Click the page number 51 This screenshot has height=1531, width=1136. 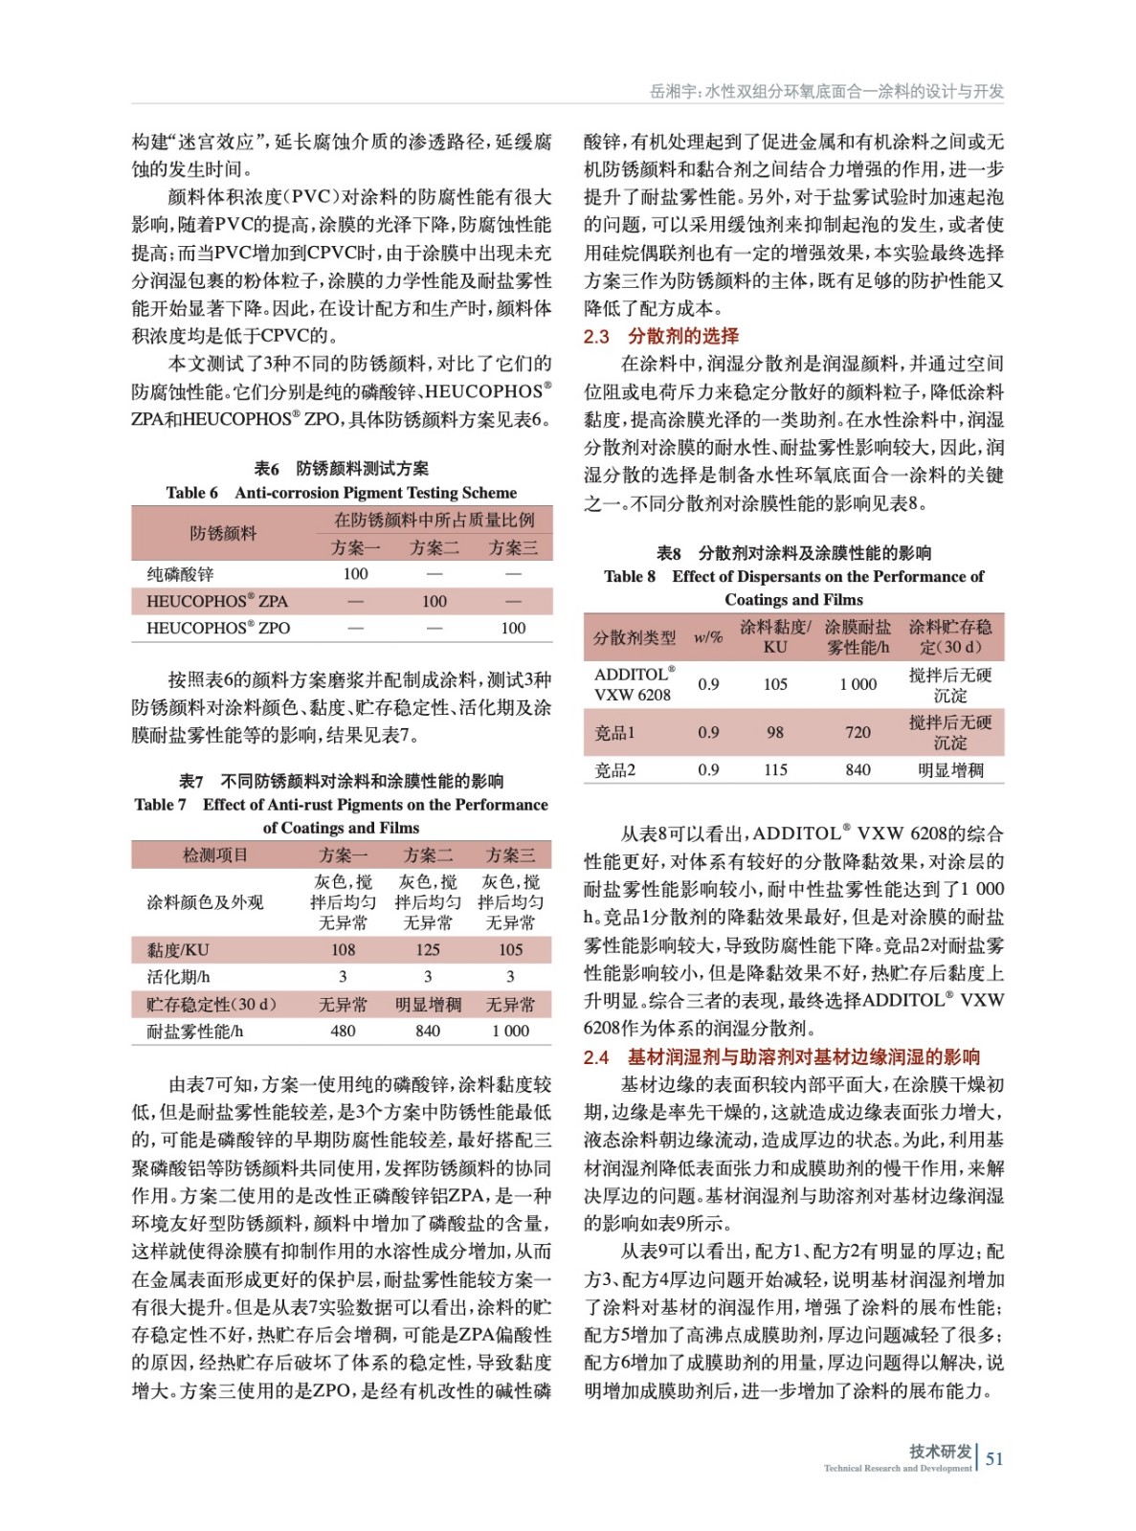pyautogui.click(x=994, y=1458)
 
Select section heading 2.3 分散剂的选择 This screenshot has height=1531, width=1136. pyautogui.click(x=661, y=336)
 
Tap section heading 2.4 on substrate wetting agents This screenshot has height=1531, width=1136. pyautogui.click(x=782, y=1056)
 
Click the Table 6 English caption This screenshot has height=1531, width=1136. pyautogui.click(x=341, y=493)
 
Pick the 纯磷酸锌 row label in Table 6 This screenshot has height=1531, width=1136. pyautogui.click(x=180, y=574)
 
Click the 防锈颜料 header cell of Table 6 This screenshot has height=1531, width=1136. pyautogui.click(x=223, y=533)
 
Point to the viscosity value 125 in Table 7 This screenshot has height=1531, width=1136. pyautogui.click(x=428, y=950)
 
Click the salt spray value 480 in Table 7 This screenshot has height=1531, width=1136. pyautogui.click(x=343, y=1032)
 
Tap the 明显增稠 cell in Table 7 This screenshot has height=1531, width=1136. pyautogui.click(x=428, y=1005)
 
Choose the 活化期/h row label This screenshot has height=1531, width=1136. pyautogui.click(x=178, y=977)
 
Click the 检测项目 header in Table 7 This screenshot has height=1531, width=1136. pyautogui.click(x=215, y=854)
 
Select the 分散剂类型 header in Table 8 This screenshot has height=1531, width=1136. pyautogui.click(x=634, y=637)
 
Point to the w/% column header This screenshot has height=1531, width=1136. pyautogui.click(x=708, y=637)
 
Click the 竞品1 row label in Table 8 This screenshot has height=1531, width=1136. pyautogui.click(x=614, y=733)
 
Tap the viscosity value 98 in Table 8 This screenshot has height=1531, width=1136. pyautogui.click(x=775, y=733)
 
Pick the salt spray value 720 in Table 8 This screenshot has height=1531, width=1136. pyautogui.click(x=858, y=733)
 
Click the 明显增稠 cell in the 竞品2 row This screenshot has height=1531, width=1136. pyautogui.click(x=950, y=770)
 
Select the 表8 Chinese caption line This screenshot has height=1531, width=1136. pyautogui.click(x=793, y=553)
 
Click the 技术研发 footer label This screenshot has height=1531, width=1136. pyautogui.click(x=940, y=1452)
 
